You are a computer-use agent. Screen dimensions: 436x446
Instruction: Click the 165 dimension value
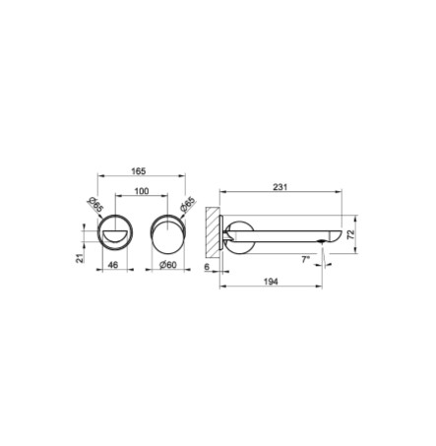139,171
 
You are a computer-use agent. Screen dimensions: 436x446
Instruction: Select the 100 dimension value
142,191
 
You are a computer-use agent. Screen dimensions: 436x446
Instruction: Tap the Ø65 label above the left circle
95,205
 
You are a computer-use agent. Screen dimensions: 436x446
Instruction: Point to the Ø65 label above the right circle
187,205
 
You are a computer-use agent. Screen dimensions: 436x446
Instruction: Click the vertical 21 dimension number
80,258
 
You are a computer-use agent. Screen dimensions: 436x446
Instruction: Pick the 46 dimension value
113,265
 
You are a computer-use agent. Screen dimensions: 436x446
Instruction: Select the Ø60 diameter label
168,265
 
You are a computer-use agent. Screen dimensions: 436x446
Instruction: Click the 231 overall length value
280,187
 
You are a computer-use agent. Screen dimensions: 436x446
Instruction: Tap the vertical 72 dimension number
350,234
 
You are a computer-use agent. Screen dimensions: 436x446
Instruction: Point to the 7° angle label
306,260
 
